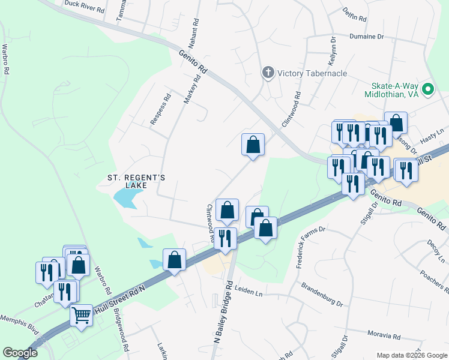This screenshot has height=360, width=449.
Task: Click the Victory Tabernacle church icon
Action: point(268,73)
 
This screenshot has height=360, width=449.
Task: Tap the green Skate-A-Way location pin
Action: point(428,89)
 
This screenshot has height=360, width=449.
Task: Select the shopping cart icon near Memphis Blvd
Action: point(81,314)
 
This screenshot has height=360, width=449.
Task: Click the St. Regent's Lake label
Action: point(136,182)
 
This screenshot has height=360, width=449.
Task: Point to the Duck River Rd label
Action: point(84,7)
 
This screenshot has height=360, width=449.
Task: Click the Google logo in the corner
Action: point(20,352)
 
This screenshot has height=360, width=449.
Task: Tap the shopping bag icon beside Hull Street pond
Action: point(174,260)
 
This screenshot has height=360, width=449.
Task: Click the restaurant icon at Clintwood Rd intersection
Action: point(225,238)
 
